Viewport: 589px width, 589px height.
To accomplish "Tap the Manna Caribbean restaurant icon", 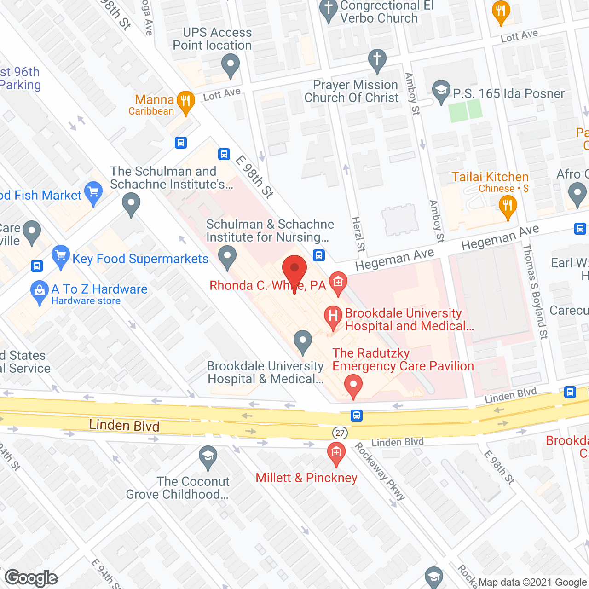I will coord(185,102).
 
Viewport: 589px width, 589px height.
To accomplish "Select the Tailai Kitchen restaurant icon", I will coord(508,205).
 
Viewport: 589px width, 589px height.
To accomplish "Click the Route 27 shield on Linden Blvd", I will coord(340,433).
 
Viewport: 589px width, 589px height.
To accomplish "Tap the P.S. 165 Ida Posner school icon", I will coord(441,91).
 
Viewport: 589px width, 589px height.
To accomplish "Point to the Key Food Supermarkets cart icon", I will coord(61,256).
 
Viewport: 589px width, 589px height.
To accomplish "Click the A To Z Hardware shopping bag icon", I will coord(40,291).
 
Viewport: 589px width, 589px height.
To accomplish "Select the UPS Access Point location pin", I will coord(231,64).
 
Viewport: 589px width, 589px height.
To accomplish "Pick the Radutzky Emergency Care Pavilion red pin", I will coord(353,385).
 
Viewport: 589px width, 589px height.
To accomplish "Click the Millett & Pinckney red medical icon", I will coord(336,452).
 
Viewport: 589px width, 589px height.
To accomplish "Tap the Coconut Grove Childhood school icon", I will coord(208,456).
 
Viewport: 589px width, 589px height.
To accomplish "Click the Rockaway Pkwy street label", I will coord(380,472).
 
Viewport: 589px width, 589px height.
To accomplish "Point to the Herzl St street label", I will coord(358,234).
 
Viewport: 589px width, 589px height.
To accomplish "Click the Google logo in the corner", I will coord(31,578).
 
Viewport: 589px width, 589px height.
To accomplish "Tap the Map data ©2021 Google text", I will coord(533,583).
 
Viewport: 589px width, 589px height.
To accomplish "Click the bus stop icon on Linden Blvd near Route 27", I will coord(356,416).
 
